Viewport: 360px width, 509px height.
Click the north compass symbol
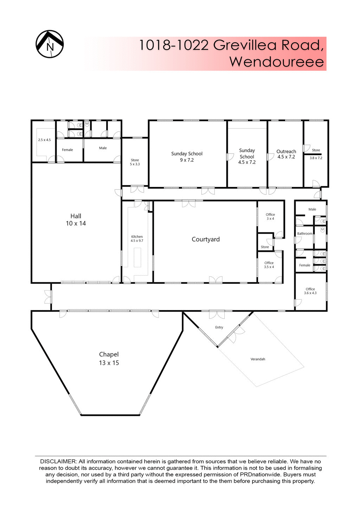(50, 44)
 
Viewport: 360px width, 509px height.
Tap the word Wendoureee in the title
(276, 62)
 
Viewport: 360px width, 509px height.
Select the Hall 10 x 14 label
(76, 220)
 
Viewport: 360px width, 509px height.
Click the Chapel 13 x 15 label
(109, 359)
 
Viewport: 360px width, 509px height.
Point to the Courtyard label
(206, 239)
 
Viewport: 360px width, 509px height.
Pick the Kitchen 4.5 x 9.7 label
(137, 239)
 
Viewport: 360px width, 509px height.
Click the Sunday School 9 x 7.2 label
(187, 157)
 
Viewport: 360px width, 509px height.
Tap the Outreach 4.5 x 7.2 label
(286, 154)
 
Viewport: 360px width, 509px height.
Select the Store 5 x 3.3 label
(135, 162)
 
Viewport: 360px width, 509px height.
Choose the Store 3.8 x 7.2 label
(316, 154)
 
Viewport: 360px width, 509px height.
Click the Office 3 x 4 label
(270, 217)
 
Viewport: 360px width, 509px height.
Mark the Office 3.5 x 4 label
(269, 265)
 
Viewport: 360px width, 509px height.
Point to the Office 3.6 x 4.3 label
(310, 291)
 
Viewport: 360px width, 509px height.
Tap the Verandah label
(258, 359)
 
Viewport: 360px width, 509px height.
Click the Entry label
(219, 327)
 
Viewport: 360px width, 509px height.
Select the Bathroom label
(304, 234)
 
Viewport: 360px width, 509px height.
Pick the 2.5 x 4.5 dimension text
(44, 140)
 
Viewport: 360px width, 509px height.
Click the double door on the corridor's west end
(48, 297)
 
